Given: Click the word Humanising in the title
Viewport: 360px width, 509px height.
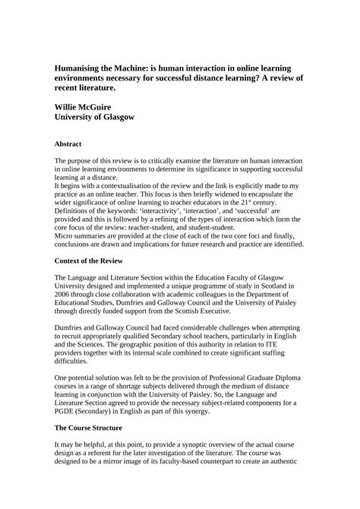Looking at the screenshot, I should point(78,68).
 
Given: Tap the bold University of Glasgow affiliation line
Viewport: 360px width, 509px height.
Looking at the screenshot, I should point(94,118).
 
